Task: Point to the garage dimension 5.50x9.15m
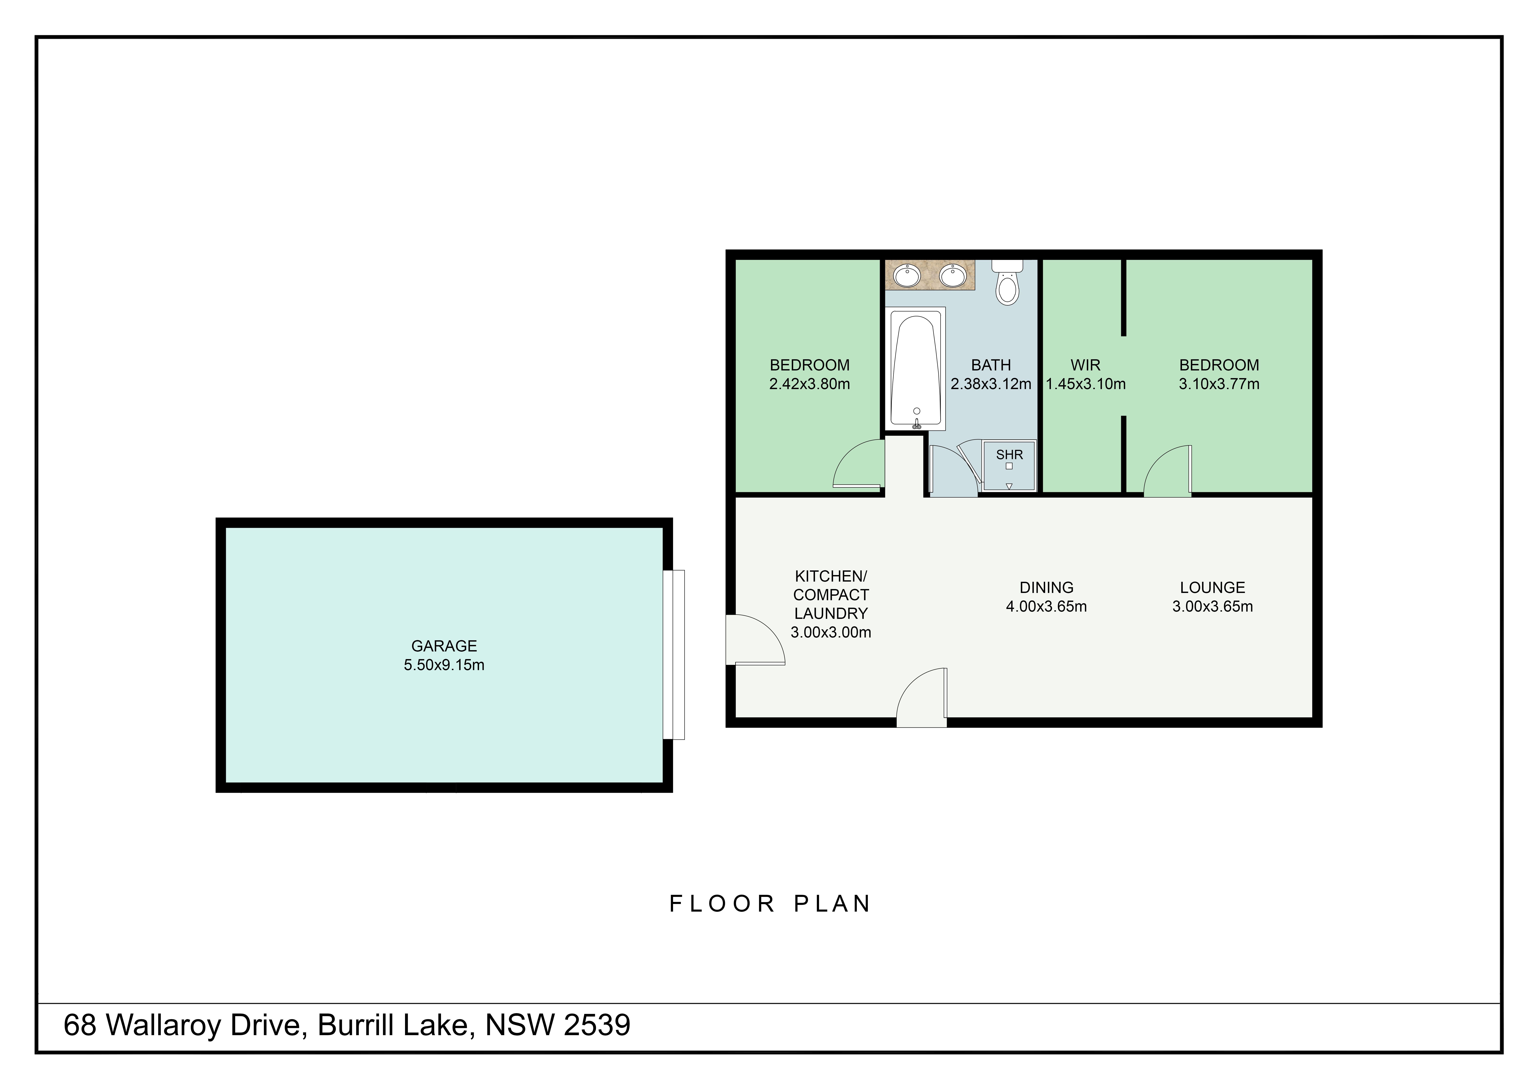coord(444,665)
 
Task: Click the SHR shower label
coord(1010,455)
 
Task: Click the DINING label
coord(1046,587)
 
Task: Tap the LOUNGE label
coord(1213,587)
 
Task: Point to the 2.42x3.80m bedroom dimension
coord(810,384)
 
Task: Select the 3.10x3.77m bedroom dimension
coord(1219,384)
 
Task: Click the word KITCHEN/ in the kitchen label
coord(831,576)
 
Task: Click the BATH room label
coord(991,365)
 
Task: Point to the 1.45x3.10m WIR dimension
coord(1086,384)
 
